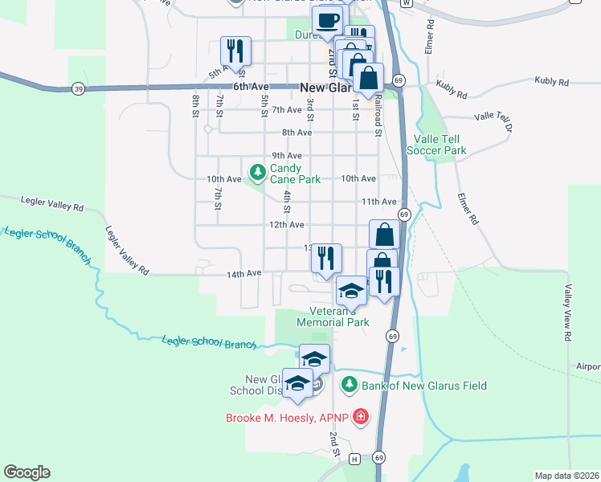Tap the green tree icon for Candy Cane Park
pyautogui.click(x=257, y=172)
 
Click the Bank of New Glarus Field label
pyautogui.click(x=424, y=386)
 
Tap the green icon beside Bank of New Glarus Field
pyautogui.click(x=349, y=386)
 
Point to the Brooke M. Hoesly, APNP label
pyautogui.click(x=289, y=417)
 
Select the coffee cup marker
pyautogui.click(x=326, y=20)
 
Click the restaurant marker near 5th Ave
pyautogui.click(x=235, y=51)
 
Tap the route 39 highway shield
pyautogui.click(x=78, y=88)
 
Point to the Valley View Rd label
pyautogui.click(x=567, y=312)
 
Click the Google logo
pyautogui.click(x=27, y=472)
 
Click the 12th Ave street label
pyautogui.click(x=286, y=225)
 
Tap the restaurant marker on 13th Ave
pyautogui.click(x=325, y=258)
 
